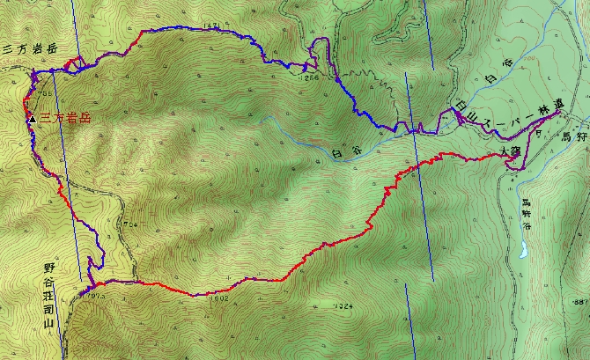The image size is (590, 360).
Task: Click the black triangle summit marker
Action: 32,117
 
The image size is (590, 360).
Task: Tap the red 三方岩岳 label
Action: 63,117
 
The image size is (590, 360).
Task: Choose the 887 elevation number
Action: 579,302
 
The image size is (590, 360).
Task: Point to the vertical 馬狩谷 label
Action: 527,214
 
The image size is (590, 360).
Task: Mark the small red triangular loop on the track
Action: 76,63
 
